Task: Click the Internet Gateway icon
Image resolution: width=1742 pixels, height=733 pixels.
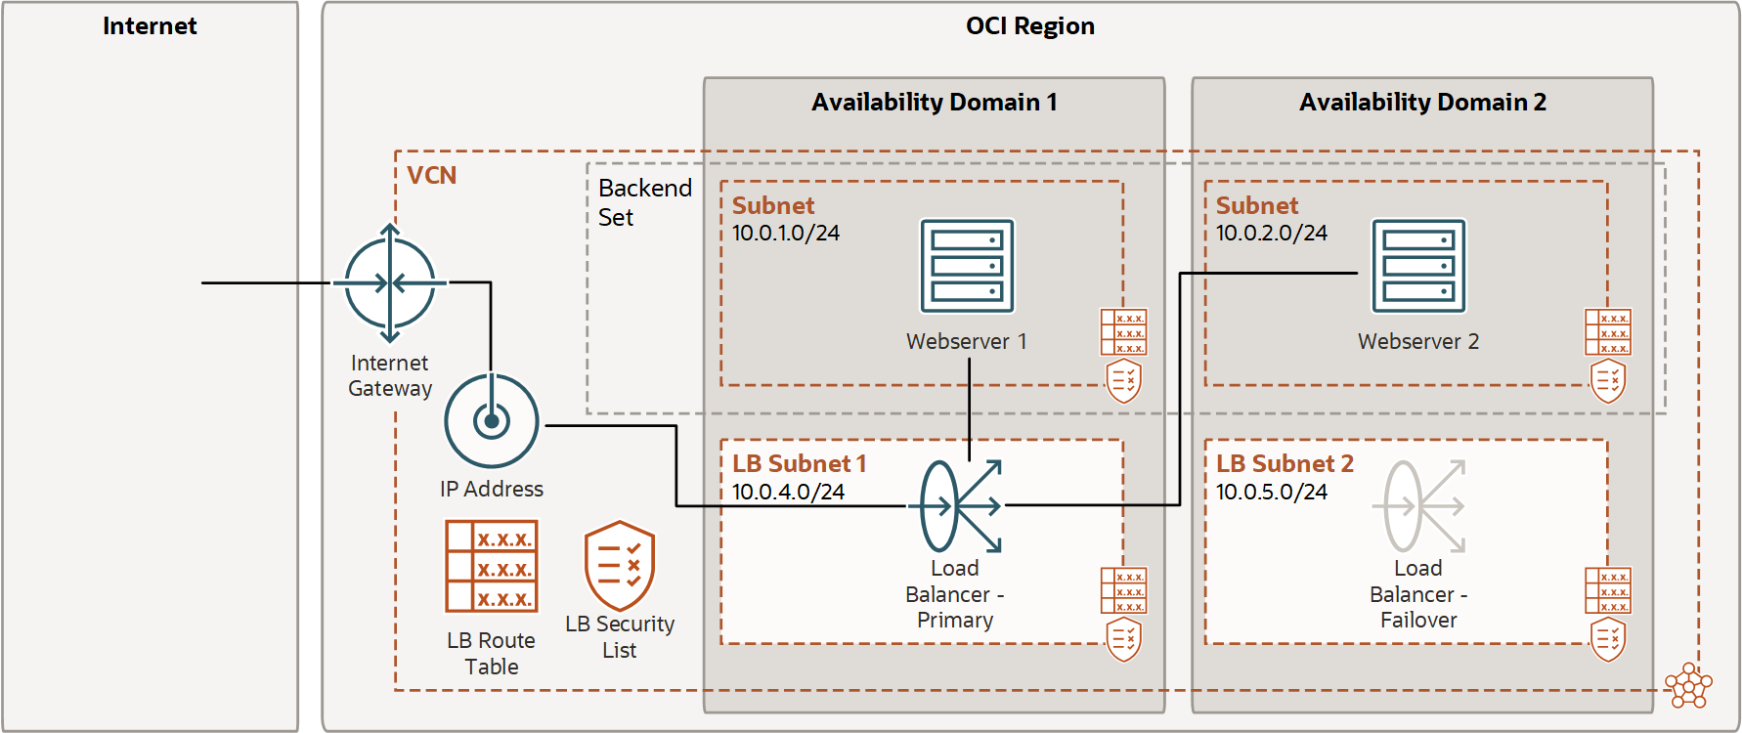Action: tap(390, 283)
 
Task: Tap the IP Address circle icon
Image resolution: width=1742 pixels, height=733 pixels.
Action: tap(492, 421)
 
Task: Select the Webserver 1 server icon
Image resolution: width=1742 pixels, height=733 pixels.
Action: tap(967, 266)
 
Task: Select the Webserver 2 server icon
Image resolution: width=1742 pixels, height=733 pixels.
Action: tap(1418, 266)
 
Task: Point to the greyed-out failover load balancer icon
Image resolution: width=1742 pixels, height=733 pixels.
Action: tap(1419, 506)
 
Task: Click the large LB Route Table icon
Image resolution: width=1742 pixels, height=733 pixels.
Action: tap(492, 566)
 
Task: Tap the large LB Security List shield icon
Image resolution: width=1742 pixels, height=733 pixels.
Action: tap(620, 566)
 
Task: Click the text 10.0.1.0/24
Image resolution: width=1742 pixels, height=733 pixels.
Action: tap(786, 234)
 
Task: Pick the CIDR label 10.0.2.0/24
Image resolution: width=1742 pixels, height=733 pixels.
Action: tap(1271, 234)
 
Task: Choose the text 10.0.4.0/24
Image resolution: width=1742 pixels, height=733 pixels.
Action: tap(788, 492)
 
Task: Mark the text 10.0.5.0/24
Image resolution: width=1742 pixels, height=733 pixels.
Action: tap(1271, 492)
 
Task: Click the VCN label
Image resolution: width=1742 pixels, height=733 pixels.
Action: tap(431, 176)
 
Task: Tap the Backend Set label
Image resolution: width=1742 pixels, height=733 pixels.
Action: tap(643, 202)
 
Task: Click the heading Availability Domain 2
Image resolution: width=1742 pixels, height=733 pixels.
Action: tap(1422, 103)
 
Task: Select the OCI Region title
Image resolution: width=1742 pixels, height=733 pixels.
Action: tap(1029, 26)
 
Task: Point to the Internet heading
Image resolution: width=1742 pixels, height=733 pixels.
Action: tap(150, 26)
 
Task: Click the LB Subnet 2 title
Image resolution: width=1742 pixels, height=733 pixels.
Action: tap(1285, 464)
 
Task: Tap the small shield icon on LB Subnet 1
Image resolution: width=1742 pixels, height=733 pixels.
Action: tap(1123, 640)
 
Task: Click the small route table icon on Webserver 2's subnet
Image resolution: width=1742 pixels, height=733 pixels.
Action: tap(1607, 332)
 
